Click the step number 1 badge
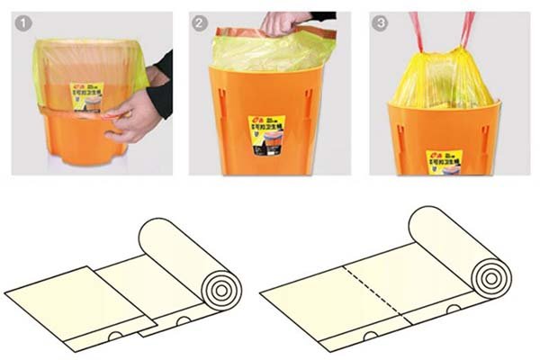22,22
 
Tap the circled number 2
200,22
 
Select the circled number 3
380,22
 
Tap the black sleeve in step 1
162,85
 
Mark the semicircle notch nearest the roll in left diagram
184,320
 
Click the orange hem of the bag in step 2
270,36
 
